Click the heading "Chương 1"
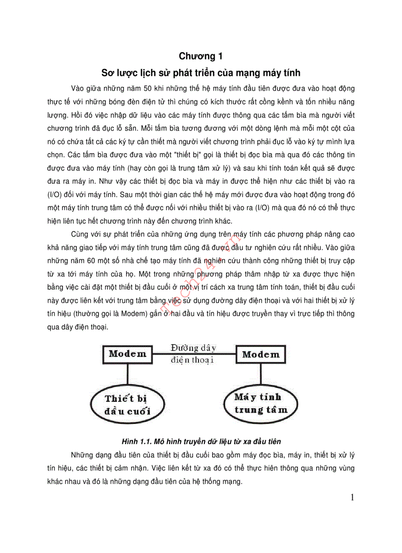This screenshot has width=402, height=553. click(x=201, y=57)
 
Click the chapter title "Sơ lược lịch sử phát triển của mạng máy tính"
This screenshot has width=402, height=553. click(x=201, y=73)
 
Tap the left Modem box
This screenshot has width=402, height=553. click(x=128, y=354)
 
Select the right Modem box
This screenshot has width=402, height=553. click(x=261, y=355)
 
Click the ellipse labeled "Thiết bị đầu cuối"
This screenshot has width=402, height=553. click(x=128, y=404)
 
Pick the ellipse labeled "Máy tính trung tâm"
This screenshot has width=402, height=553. click(x=258, y=403)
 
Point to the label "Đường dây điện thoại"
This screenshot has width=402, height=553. click(x=194, y=354)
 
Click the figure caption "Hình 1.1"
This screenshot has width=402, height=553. click(x=201, y=441)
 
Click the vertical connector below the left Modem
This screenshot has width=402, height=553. click(x=128, y=374)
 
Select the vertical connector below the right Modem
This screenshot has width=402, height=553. click(x=261, y=374)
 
